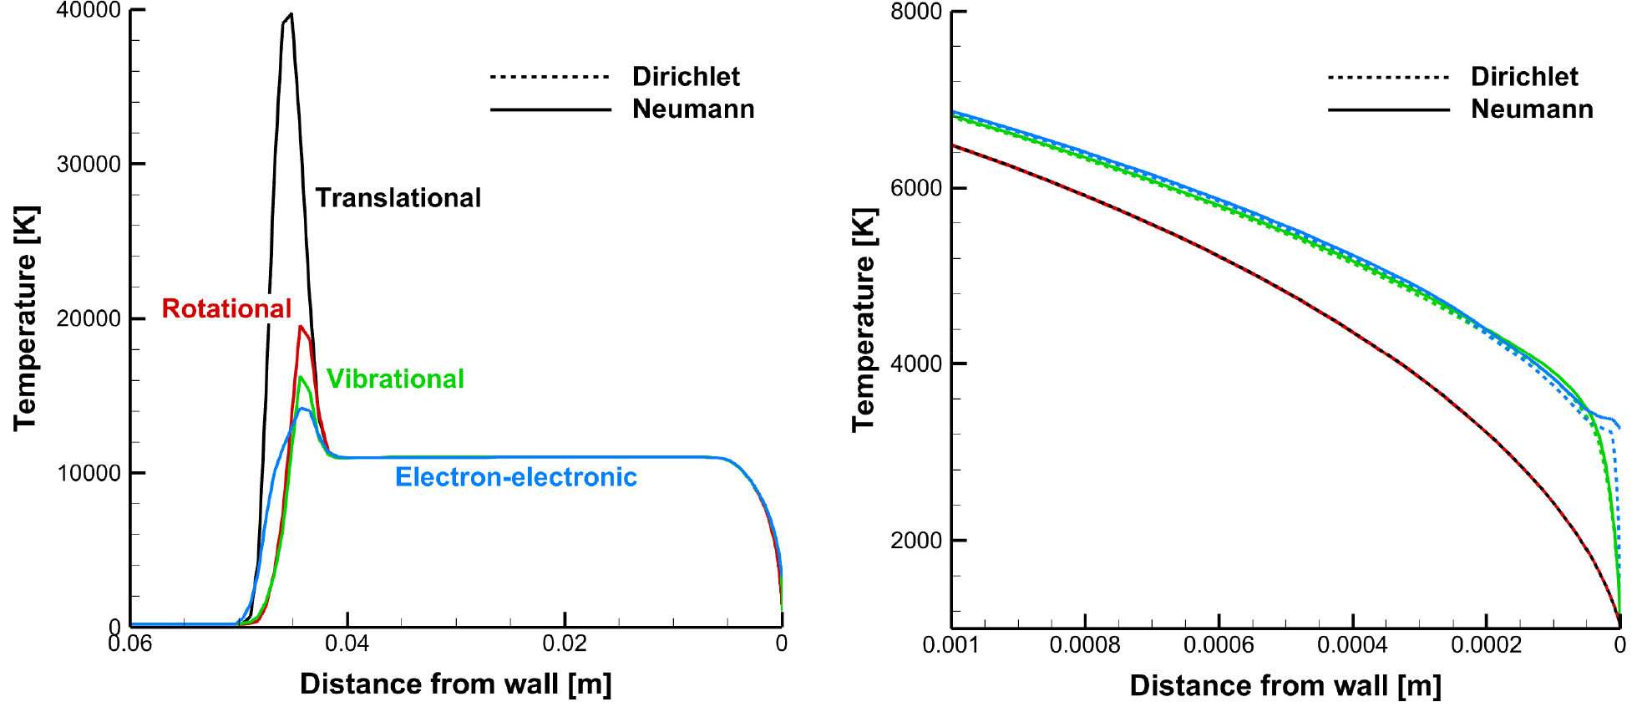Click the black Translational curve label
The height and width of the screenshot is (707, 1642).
[x=398, y=198]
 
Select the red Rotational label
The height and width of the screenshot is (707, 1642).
[x=226, y=308]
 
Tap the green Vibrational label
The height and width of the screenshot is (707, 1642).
[x=395, y=379]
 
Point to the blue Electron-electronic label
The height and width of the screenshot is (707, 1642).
[x=515, y=477]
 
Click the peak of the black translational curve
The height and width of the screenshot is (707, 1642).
[x=290, y=15]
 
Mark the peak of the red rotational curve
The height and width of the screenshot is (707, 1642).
[x=300, y=327]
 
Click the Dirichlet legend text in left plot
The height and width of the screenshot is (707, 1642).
[x=686, y=77]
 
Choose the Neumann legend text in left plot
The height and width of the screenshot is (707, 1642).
[x=693, y=109]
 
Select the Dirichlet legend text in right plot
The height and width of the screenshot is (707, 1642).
[x=1524, y=77]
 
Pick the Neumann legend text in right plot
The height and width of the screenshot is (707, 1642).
[x=1532, y=109]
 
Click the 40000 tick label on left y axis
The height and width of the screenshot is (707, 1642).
[x=89, y=11]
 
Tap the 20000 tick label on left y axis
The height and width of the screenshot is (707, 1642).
[x=89, y=319]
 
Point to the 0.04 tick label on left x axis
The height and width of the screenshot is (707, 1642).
[x=347, y=644]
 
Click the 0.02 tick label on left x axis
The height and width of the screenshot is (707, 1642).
[x=565, y=644]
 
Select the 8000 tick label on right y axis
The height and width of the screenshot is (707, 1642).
[x=916, y=12]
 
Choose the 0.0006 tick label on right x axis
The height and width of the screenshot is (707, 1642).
[x=1219, y=646]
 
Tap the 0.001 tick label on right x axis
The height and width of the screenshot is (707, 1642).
[x=950, y=646]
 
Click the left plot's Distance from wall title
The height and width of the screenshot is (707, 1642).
[x=456, y=684]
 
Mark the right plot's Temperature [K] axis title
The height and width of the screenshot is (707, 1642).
[x=864, y=319]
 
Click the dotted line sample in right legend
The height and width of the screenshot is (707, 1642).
[x=1388, y=78]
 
